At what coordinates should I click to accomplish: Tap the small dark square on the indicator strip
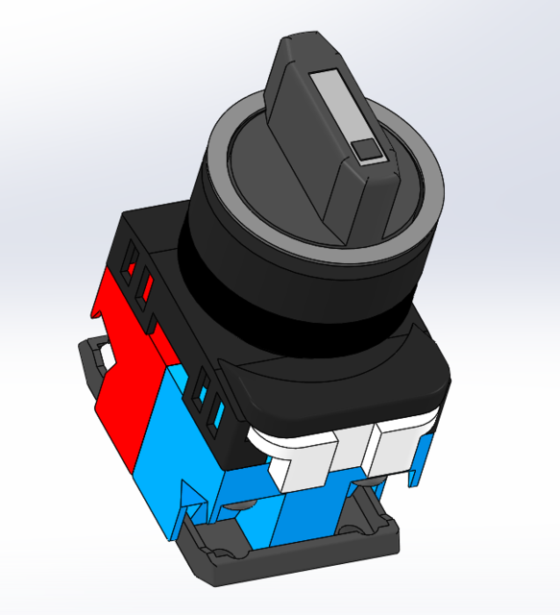point(367,149)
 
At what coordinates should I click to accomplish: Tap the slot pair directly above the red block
point(136,274)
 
